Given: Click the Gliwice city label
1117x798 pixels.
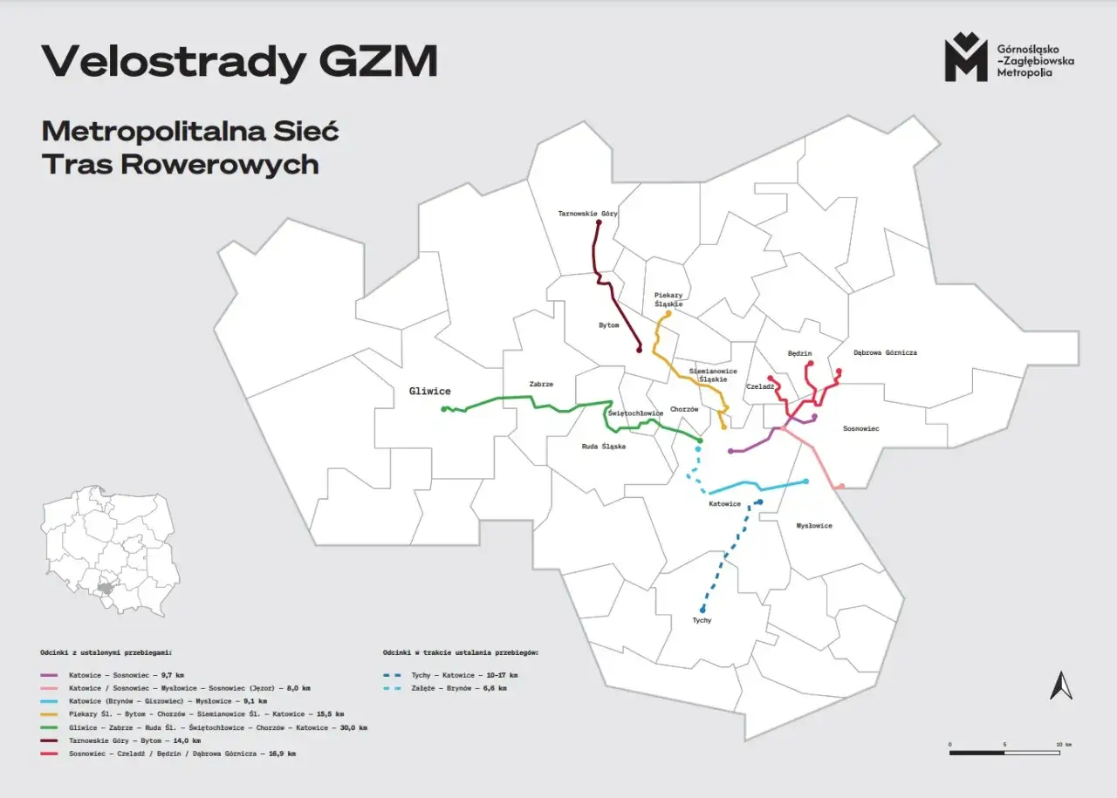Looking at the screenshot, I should pyautogui.click(x=429, y=392).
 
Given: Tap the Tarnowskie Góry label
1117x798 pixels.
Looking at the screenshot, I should pyautogui.click(x=587, y=214).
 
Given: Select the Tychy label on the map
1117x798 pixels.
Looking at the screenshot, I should pyautogui.click(x=702, y=621).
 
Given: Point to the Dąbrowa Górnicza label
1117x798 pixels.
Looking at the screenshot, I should pyautogui.click(x=885, y=353).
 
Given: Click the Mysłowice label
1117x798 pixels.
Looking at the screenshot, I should pyautogui.click(x=813, y=526).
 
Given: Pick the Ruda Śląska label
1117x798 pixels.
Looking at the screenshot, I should pyautogui.click(x=603, y=447).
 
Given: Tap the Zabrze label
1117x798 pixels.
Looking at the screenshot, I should pyautogui.click(x=541, y=384).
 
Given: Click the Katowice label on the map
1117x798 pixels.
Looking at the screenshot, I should pyautogui.click(x=724, y=504).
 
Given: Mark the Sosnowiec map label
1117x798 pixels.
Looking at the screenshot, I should pyautogui.click(x=860, y=429).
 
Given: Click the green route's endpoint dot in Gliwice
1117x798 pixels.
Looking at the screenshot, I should pyautogui.click(x=444, y=409).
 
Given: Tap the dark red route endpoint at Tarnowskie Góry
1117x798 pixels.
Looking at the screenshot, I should pyautogui.click(x=598, y=223).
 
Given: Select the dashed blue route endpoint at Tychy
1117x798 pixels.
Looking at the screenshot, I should pyautogui.click(x=702, y=610).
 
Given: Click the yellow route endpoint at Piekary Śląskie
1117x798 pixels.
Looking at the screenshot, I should pyautogui.click(x=668, y=313).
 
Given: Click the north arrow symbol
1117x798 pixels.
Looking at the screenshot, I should pyautogui.click(x=1061, y=685).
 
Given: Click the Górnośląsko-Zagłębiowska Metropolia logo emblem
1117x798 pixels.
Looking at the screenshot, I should pyautogui.click(x=965, y=58).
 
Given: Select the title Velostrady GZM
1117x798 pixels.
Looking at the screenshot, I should pyautogui.click(x=239, y=62).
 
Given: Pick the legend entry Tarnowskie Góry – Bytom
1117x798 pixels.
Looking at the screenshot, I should pyautogui.click(x=135, y=740).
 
